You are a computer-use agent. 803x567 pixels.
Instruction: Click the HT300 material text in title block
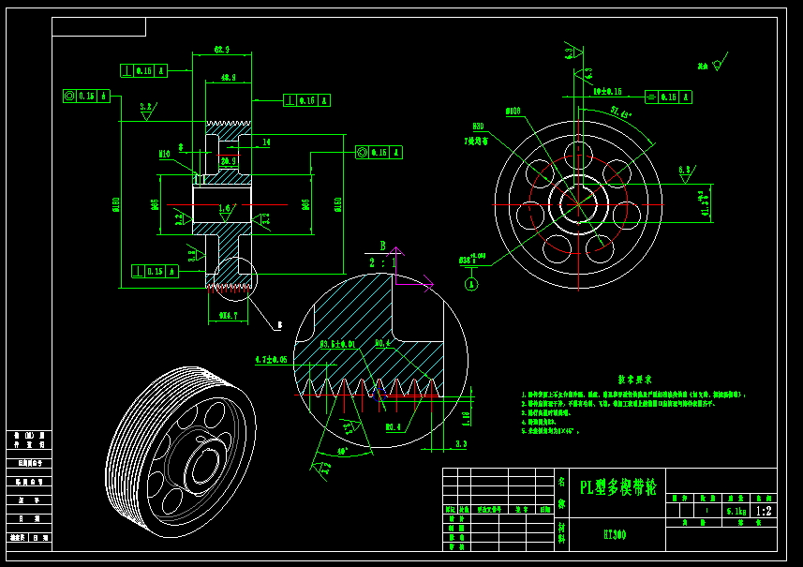pos(615,535)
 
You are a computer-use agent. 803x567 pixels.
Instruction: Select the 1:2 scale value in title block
pos(765,512)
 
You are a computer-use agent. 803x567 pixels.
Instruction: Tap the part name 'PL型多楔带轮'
pos(618,487)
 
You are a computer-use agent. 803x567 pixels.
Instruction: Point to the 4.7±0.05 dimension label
pos(272,360)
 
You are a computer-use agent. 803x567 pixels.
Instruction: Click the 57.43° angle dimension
pos(620,112)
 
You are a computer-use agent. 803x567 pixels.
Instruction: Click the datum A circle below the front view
pos(471,283)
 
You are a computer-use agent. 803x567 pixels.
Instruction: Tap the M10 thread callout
pos(164,154)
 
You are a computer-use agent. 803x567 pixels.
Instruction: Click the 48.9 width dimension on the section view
pos(228,78)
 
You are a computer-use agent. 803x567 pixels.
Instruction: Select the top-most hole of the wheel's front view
pos(578,153)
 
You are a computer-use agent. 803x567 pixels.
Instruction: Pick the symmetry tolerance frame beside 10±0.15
pos(668,97)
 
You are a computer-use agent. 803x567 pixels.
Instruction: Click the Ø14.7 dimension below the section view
pos(228,316)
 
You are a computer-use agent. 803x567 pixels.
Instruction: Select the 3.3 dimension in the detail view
pos(461,443)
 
